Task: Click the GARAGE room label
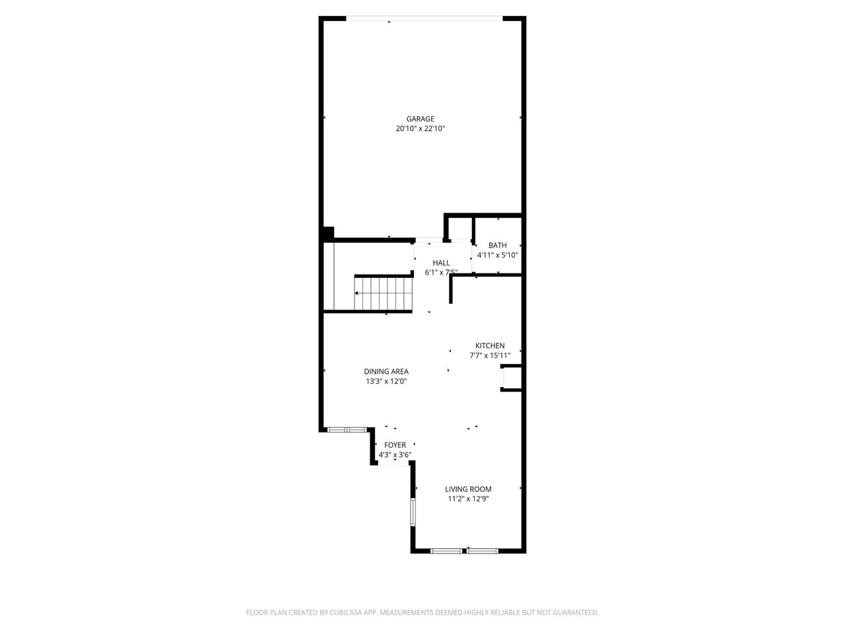click(420, 119)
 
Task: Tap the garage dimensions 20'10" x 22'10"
click(420, 129)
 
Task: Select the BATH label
click(497, 245)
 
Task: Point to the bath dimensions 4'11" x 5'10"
click(497, 255)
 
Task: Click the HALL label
click(441, 263)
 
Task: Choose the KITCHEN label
click(490, 345)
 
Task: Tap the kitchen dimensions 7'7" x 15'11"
click(490, 355)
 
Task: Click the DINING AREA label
click(386, 371)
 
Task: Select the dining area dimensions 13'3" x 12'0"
click(386, 382)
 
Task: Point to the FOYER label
click(395, 445)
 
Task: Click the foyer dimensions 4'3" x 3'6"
click(395, 455)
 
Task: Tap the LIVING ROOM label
click(468, 489)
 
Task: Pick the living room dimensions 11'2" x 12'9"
click(468, 499)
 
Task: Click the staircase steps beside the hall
click(384, 294)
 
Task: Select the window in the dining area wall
click(347, 429)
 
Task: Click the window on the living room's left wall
click(413, 512)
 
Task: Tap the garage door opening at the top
click(424, 18)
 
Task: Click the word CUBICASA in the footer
click(346, 612)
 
